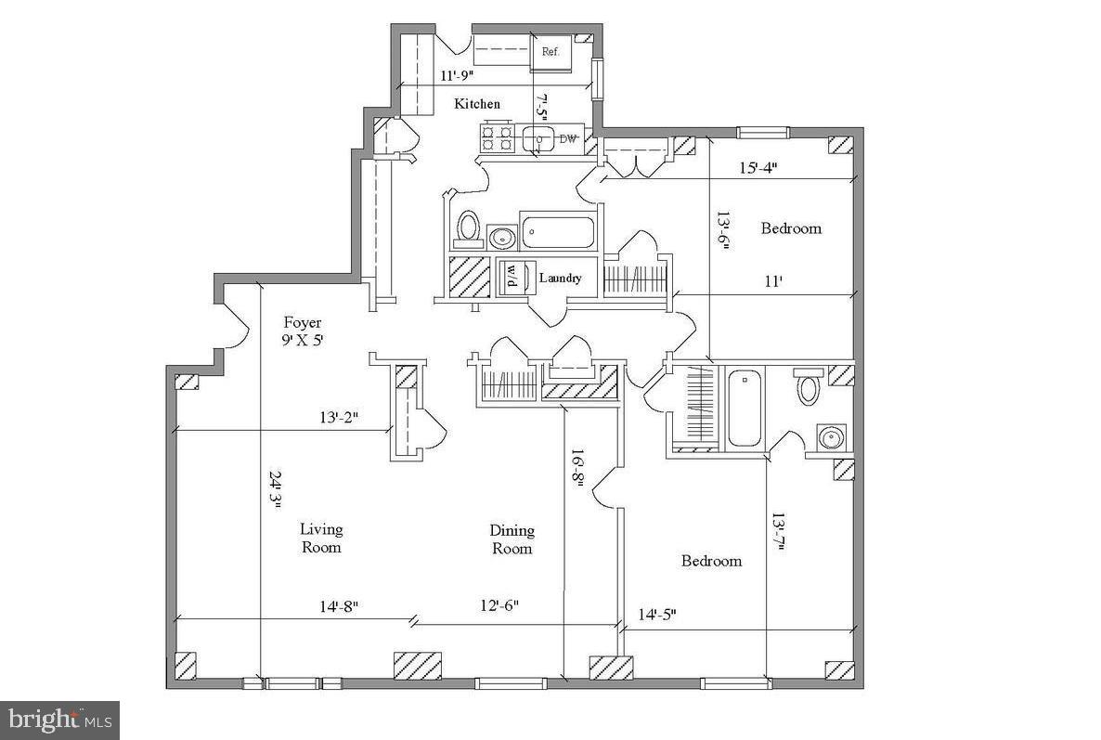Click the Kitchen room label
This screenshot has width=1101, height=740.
point(477,104)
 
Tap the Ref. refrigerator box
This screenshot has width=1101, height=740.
point(550,53)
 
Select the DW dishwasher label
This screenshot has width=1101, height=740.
point(568,139)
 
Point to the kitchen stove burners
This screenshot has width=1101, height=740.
point(497,138)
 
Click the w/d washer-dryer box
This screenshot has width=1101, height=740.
point(511,277)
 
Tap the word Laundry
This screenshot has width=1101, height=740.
point(560,278)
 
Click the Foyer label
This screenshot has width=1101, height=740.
point(303,323)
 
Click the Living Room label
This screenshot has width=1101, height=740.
point(321,538)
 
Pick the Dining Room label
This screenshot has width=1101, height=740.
point(512,539)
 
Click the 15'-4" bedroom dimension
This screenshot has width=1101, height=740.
point(758,168)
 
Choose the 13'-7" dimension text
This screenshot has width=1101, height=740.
point(779,533)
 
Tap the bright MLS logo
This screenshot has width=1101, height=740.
point(59,720)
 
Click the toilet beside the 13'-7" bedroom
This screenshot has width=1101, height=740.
point(808,386)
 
